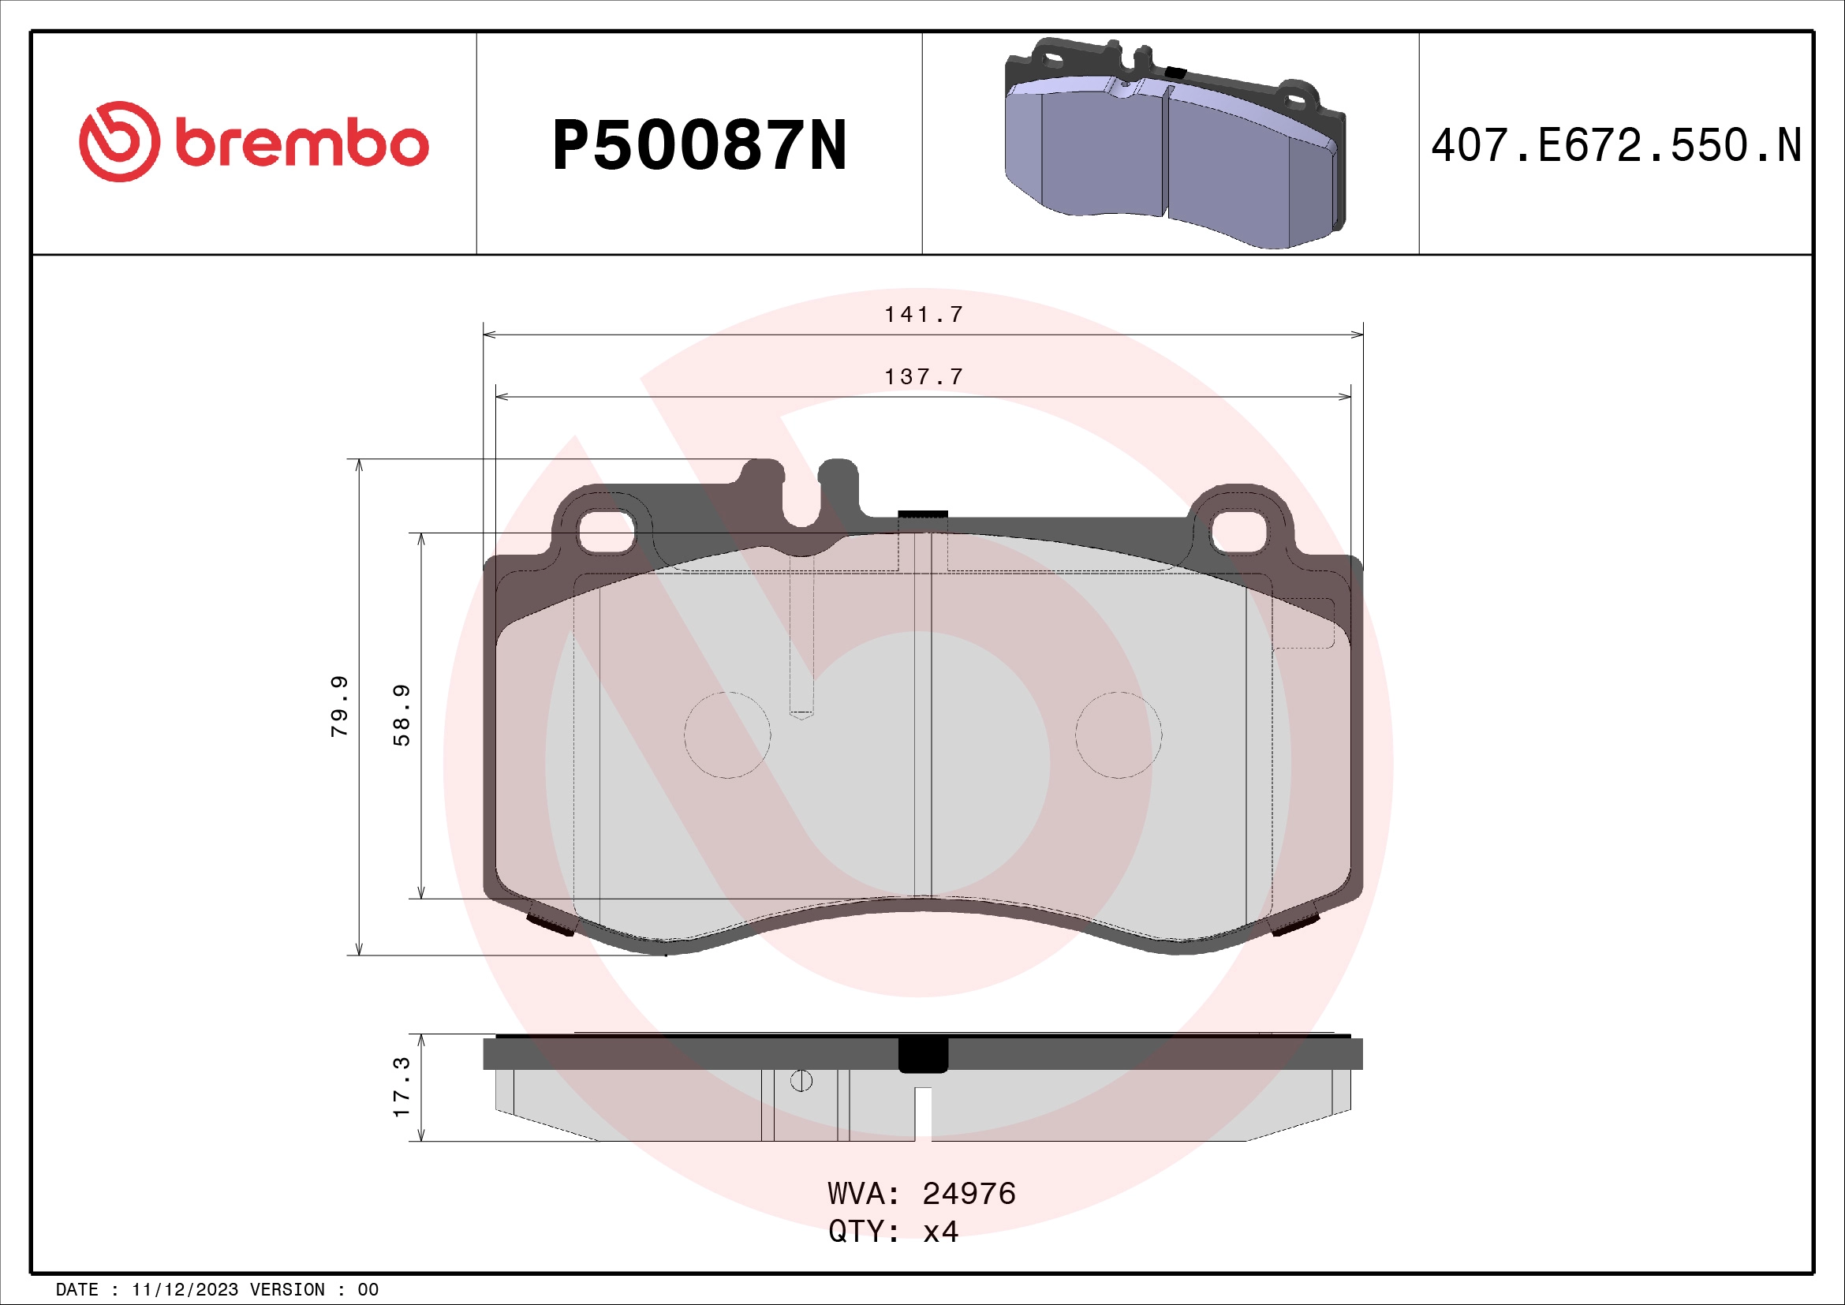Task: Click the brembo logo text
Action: point(301,144)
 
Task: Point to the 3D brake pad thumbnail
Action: point(1173,143)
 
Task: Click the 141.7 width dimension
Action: point(924,315)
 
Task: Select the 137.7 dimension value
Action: point(924,377)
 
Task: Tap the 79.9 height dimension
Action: point(340,706)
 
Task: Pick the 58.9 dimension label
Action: point(401,715)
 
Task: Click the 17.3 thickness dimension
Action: point(401,1087)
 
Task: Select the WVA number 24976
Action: point(969,1194)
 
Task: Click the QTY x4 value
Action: point(940,1232)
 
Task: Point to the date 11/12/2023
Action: point(185,1290)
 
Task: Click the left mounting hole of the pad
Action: point(607,532)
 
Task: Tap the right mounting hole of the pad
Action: point(1238,532)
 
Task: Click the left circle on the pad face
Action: point(727,735)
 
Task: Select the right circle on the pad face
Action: point(1118,735)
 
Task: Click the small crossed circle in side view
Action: point(801,1081)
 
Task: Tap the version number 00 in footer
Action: point(368,1290)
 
